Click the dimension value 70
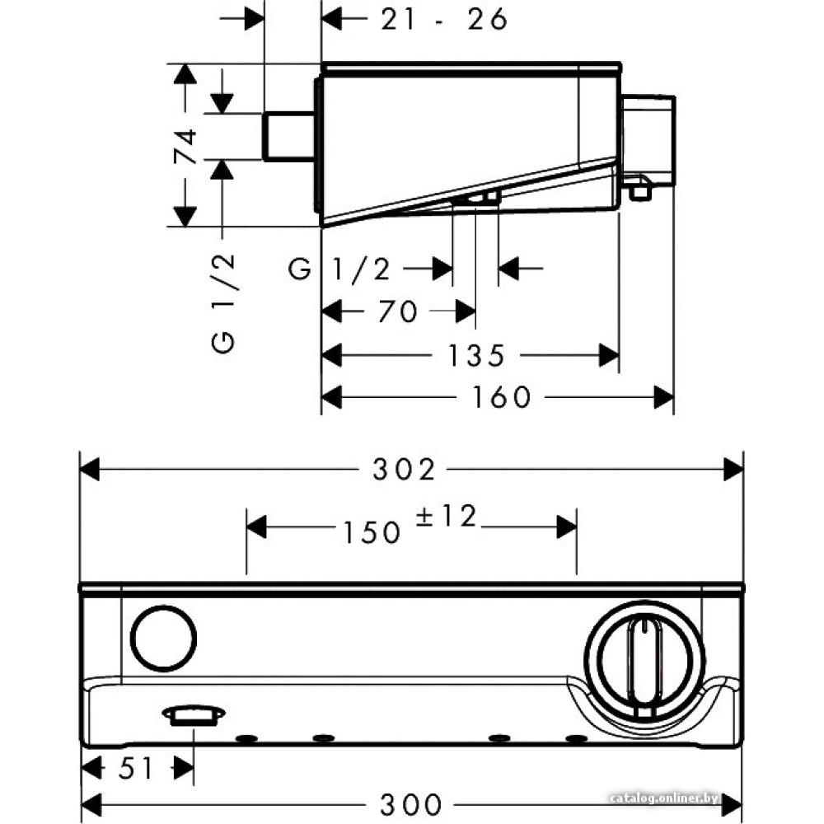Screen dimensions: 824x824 pos(397,311)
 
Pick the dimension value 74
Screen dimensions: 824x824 pos(187,147)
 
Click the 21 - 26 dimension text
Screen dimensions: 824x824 pos(443,19)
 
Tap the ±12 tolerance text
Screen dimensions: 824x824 pos(444,517)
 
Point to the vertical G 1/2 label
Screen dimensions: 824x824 pos(224,303)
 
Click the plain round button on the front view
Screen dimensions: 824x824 pos(164,639)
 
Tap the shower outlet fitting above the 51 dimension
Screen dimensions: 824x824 pos(194,714)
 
